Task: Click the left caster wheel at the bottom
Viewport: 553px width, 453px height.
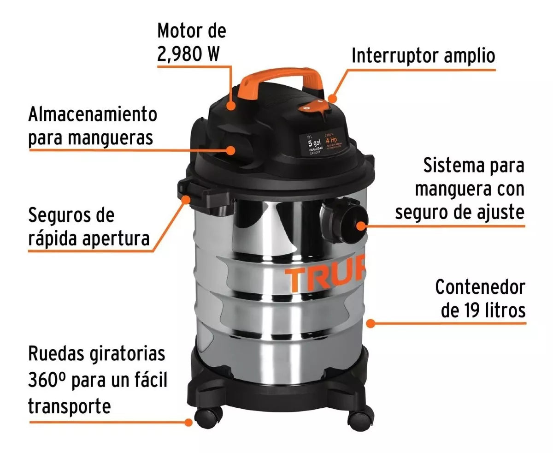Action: [205, 417]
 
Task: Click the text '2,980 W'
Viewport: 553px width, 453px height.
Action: [188, 54]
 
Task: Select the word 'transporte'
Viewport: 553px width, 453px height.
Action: [70, 406]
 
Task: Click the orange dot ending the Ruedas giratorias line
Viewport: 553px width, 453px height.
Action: [188, 422]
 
